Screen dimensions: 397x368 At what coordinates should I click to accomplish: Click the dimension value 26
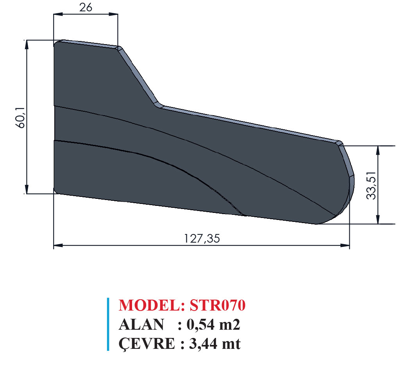86,7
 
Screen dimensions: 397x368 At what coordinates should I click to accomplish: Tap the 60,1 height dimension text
21,118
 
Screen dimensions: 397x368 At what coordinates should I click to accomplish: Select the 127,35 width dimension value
202,238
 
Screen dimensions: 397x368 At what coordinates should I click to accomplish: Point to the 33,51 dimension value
372,185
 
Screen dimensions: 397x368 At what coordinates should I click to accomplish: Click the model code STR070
218,305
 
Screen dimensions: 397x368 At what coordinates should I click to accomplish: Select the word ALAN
141,325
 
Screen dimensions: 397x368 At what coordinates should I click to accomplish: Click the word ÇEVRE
147,344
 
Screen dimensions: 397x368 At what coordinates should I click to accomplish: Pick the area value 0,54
200,325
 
